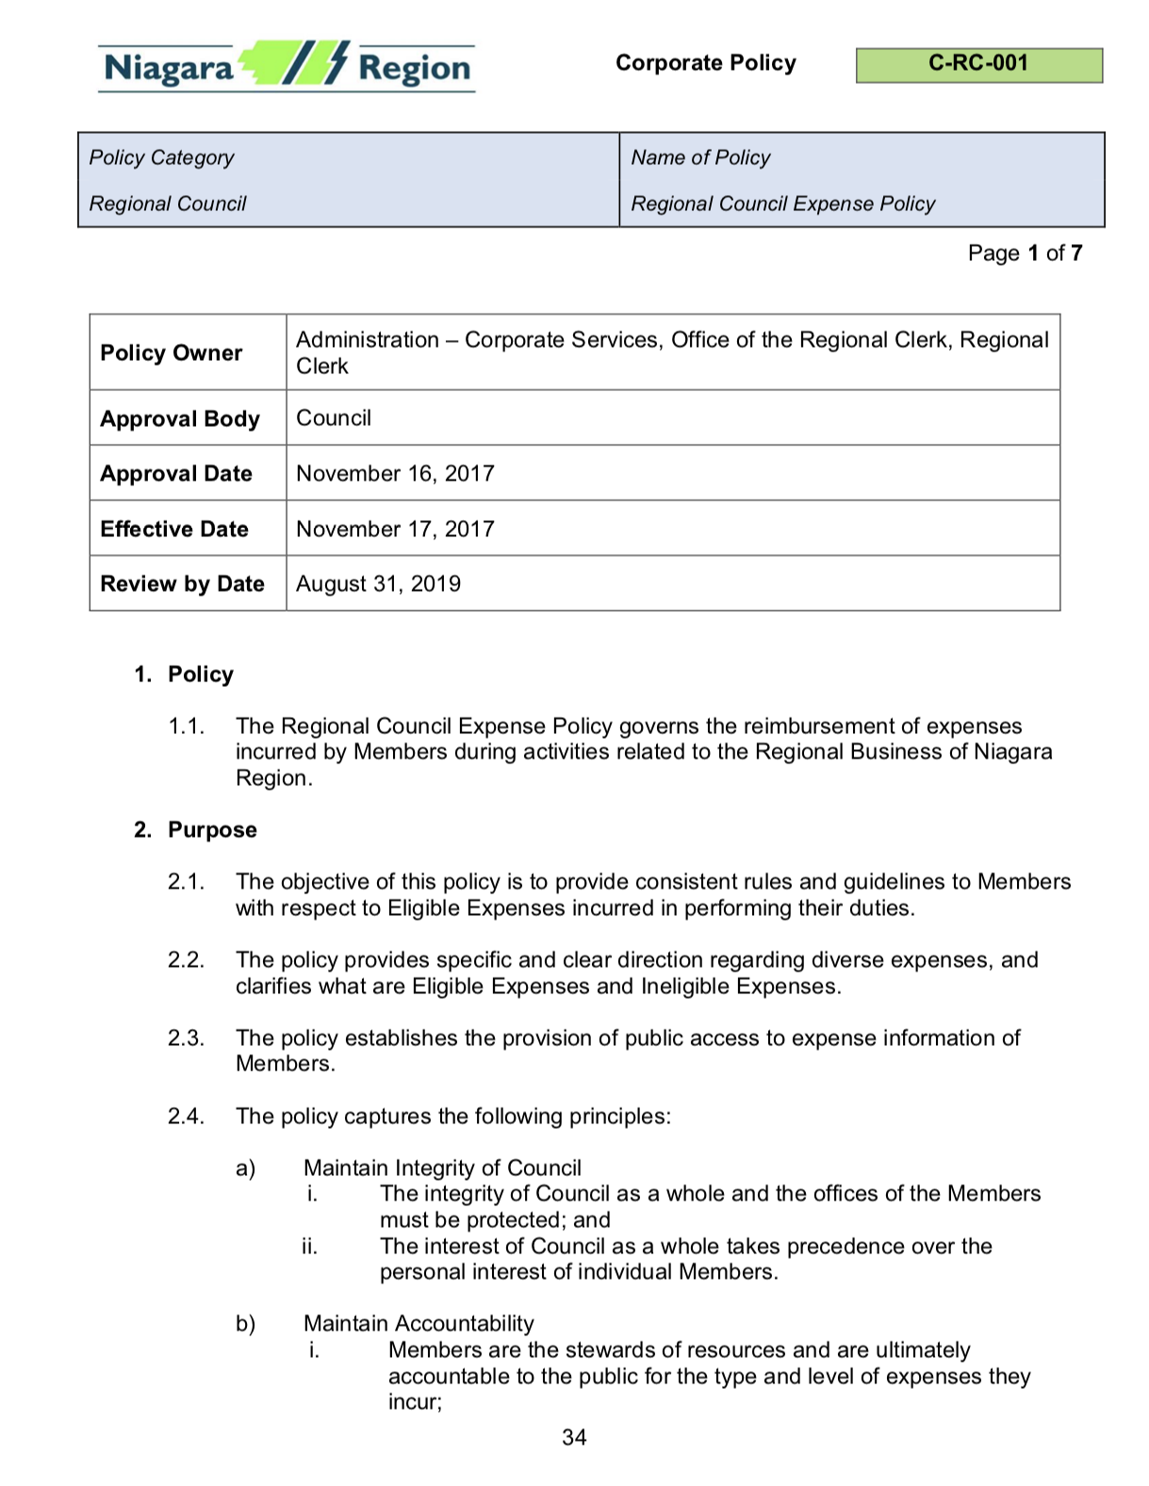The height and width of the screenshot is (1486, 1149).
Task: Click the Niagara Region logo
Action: point(287,67)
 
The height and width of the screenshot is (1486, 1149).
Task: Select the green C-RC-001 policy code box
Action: point(978,65)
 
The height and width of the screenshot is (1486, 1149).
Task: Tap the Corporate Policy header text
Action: point(705,63)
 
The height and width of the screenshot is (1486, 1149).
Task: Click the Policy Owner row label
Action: point(172,352)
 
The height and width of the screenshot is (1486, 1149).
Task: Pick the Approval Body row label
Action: point(180,418)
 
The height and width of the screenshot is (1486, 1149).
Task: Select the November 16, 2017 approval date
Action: point(395,473)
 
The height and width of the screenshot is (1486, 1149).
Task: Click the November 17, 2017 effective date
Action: point(395,529)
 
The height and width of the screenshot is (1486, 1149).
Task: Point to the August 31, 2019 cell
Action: point(378,584)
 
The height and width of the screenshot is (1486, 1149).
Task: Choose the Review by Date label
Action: point(182,584)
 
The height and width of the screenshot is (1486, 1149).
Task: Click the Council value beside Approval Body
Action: point(334,417)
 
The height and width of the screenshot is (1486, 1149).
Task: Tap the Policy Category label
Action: point(161,157)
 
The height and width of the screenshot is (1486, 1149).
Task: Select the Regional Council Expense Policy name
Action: point(782,204)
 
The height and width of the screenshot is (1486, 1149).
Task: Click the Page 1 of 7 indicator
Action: point(1025,253)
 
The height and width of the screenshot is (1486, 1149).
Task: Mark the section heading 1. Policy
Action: point(184,674)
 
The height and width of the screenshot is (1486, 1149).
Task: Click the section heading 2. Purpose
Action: point(195,829)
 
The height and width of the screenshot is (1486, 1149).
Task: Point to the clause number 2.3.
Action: point(186,1037)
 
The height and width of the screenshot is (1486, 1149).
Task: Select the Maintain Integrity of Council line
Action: point(442,1168)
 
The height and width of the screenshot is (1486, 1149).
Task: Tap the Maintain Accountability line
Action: point(419,1323)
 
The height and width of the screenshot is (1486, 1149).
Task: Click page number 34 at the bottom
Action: point(574,1437)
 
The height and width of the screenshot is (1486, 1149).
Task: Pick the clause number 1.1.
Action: point(186,726)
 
